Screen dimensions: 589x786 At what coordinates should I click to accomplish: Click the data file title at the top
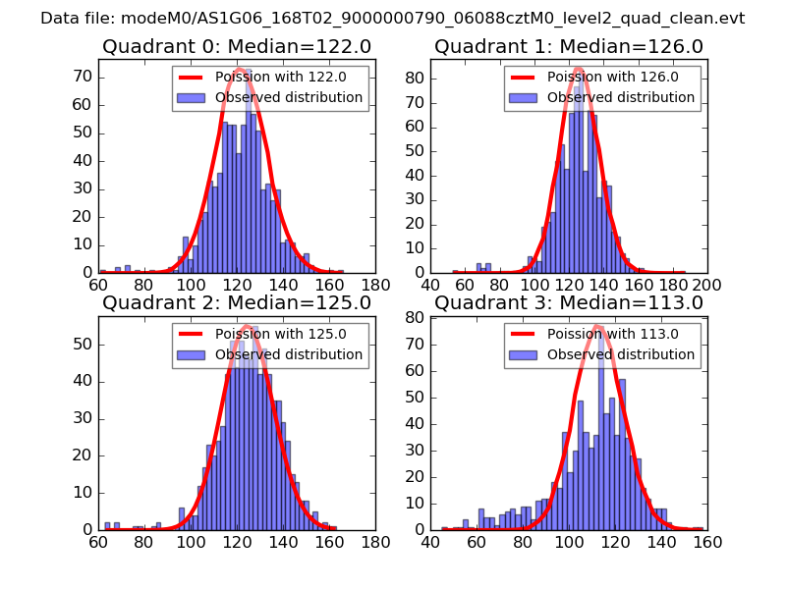click(x=393, y=19)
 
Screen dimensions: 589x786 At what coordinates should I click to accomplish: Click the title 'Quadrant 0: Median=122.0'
click(x=236, y=46)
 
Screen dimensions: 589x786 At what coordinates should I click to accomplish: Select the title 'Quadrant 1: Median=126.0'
click(x=568, y=46)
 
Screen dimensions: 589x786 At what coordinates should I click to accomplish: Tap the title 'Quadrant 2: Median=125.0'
click(x=236, y=302)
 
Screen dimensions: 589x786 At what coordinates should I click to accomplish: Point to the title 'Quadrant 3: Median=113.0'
click(x=568, y=302)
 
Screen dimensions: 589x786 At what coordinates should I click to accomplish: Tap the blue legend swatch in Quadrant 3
click(x=524, y=354)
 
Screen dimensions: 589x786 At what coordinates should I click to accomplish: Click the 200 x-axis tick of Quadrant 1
click(x=707, y=286)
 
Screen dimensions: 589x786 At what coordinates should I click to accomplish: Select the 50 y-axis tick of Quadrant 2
click(x=83, y=345)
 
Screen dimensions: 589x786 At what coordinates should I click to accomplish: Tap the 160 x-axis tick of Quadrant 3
click(x=707, y=542)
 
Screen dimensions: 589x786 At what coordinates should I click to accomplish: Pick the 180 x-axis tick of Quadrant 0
click(x=374, y=286)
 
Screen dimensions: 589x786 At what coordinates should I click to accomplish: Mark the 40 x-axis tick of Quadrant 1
click(x=431, y=286)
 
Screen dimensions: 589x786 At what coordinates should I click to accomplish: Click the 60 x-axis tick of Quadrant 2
click(x=98, y=542)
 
